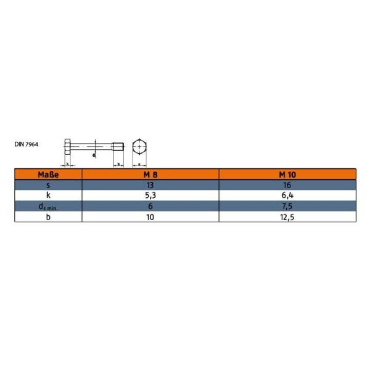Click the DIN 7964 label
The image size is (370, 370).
[x=27, y=144]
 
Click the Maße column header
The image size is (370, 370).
[x=48, y=175]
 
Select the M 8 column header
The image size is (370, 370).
[x=151, y=175]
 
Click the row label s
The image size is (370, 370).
[x=48, y=184]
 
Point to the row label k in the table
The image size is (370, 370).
[x=48, y=195]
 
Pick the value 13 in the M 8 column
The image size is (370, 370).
[x=151, y=184]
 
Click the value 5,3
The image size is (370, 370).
[x=151, y=195]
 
